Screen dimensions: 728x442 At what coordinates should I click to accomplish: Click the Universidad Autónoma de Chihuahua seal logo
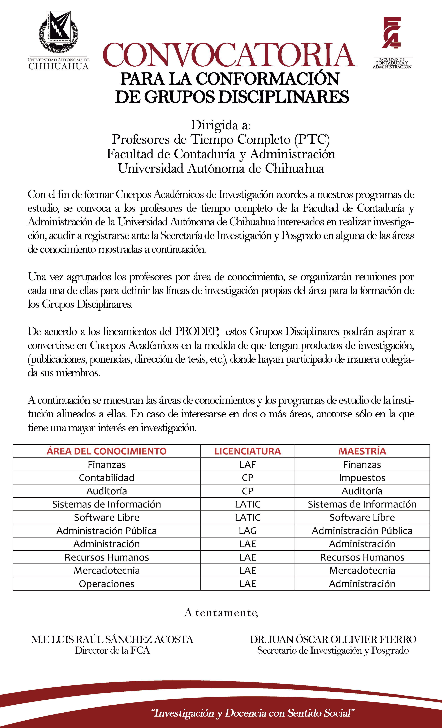tap(59, 33)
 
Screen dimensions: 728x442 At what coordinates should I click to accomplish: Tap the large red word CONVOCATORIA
tap(229, 55)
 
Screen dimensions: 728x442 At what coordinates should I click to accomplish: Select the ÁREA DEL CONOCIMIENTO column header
tap(107, 451)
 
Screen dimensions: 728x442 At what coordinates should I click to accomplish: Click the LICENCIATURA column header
tap(248, 451)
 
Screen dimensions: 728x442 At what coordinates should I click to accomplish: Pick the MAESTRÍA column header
tap(362, 451)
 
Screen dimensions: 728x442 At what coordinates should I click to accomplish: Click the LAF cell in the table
tap(248, 465)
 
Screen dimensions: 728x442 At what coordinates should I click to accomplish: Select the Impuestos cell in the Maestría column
tap(362, 478)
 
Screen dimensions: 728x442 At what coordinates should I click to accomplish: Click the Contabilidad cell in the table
tap(107, 478)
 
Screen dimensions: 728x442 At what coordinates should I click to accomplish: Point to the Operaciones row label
tap(107, 584)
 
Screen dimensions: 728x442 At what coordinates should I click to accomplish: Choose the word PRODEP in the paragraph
tap(197, 331)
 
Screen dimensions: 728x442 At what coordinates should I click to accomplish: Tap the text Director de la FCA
tap(112, 651)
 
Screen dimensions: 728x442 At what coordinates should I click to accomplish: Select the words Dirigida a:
tap(221, 125)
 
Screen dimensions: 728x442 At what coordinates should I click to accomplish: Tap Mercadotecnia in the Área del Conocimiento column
tap(107, 570)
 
